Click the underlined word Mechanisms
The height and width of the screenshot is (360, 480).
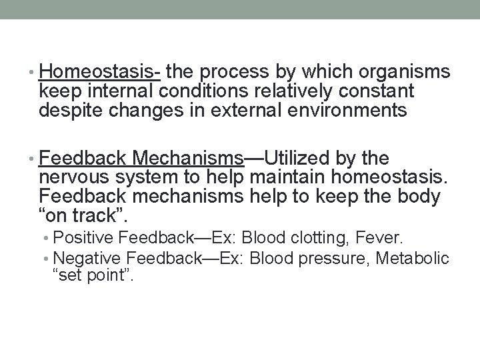pos(188,158)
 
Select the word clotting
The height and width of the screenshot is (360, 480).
pos(314,237)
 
